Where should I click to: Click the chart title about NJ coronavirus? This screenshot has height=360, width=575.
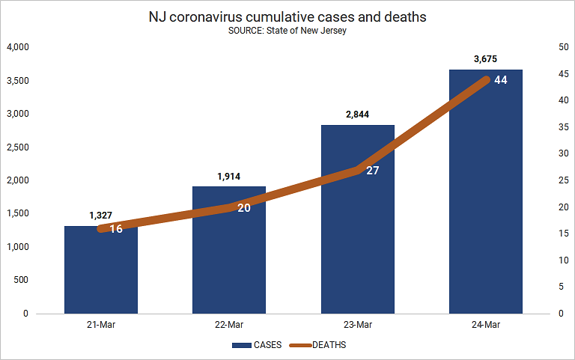click(x=287, y=17)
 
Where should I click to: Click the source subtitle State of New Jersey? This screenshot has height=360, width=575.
click(x=287, y=31)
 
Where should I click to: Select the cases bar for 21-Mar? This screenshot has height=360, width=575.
click(x=101, y=270)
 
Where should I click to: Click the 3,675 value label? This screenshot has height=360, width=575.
click(x=485, y=59)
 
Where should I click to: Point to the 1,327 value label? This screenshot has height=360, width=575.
click(x=101, y=216)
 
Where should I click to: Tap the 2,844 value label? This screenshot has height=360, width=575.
click(x=358, y=115)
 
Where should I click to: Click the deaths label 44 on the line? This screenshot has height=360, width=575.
click(x=501, y=80)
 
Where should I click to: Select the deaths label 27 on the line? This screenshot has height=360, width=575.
click(x=373, y=171)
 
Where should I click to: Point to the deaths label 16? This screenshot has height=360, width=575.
click(x=116, y=229)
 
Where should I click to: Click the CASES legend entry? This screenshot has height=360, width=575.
click(x=257, y=345)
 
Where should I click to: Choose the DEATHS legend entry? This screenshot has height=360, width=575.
click(x=317, y=345)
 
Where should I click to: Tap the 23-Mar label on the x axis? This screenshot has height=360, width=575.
click(x=358, y=325)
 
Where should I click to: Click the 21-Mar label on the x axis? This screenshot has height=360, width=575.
click(x=101, y=325)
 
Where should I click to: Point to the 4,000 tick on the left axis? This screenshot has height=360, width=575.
click(x=18, y=47)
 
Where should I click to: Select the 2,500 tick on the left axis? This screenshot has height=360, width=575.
click(x=18, y=147)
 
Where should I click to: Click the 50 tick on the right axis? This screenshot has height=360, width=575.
click(x=564, y=47)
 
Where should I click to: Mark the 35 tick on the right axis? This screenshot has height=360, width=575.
click(x=564, y=126)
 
